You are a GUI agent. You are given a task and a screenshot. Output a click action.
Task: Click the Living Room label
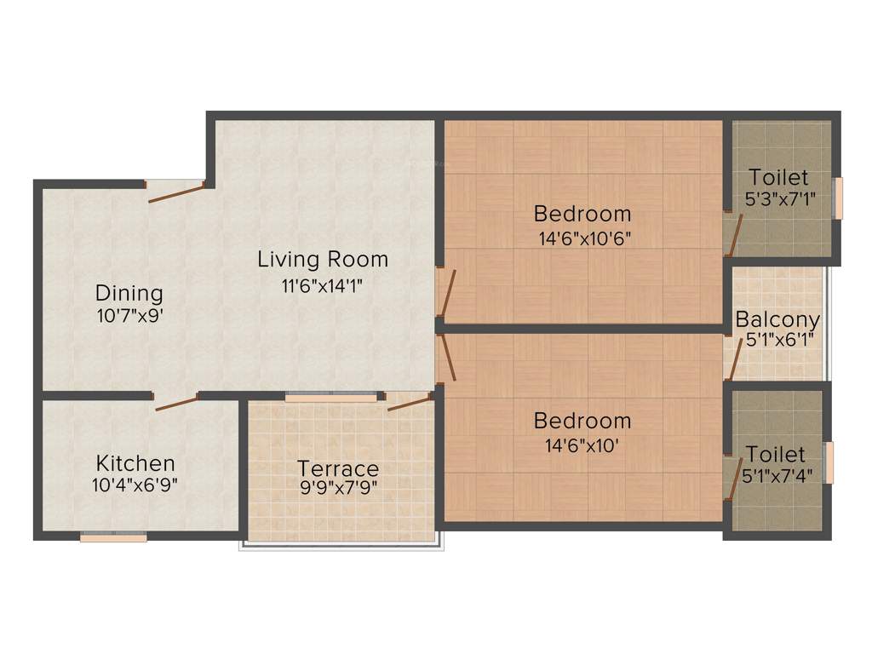click(323, 259)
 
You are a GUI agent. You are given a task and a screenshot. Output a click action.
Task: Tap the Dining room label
click(129, 294)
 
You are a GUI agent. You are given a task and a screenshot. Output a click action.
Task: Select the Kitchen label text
click(135, 464)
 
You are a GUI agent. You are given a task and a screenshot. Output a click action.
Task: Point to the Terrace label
click(338, 468)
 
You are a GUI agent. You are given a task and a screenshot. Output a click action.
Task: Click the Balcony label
click(777, 320)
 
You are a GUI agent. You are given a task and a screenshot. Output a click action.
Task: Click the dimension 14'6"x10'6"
click(584, 238)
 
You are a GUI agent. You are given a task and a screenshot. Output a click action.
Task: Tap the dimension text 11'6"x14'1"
click(323, 287)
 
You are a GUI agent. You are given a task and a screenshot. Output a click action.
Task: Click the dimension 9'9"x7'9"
click(338, 489)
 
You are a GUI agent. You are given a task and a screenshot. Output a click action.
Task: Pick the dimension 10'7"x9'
click(129, 316)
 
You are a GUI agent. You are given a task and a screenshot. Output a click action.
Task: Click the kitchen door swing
click(176, 403)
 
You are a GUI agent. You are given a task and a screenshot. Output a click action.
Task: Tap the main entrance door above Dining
click(175, 192)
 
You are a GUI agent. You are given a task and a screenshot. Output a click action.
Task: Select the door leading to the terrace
click(410, 401)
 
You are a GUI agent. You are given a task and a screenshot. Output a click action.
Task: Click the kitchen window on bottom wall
click(113, 537)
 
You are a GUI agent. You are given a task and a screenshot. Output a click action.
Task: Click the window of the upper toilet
click(839, 198)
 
